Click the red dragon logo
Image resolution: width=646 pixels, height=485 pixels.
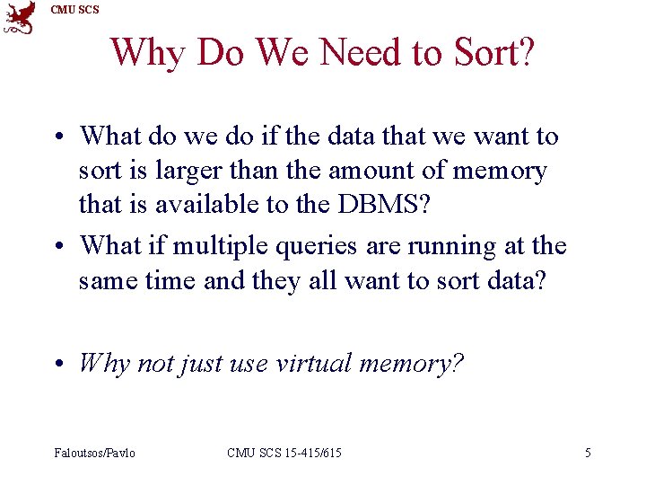20,18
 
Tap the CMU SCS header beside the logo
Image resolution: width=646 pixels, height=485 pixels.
75,10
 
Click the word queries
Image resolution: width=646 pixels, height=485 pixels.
314,245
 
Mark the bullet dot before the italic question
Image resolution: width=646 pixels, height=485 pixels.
57,365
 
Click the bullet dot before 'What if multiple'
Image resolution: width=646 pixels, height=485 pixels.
57,246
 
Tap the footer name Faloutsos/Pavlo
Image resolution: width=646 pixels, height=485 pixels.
94,453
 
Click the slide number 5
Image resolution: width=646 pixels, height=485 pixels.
588,453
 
